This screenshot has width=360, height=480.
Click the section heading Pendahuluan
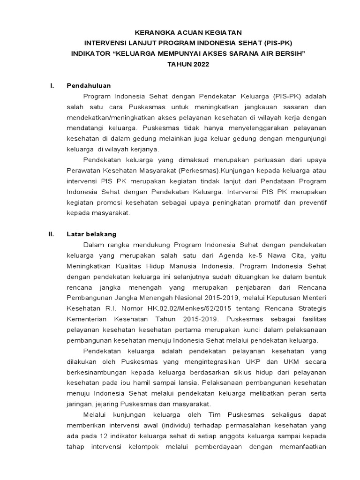pos(89,85)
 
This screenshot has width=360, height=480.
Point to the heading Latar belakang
pos(91,233)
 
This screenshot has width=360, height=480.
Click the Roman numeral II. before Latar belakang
pos(52,233)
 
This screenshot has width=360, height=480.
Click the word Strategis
pos(311,308)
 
